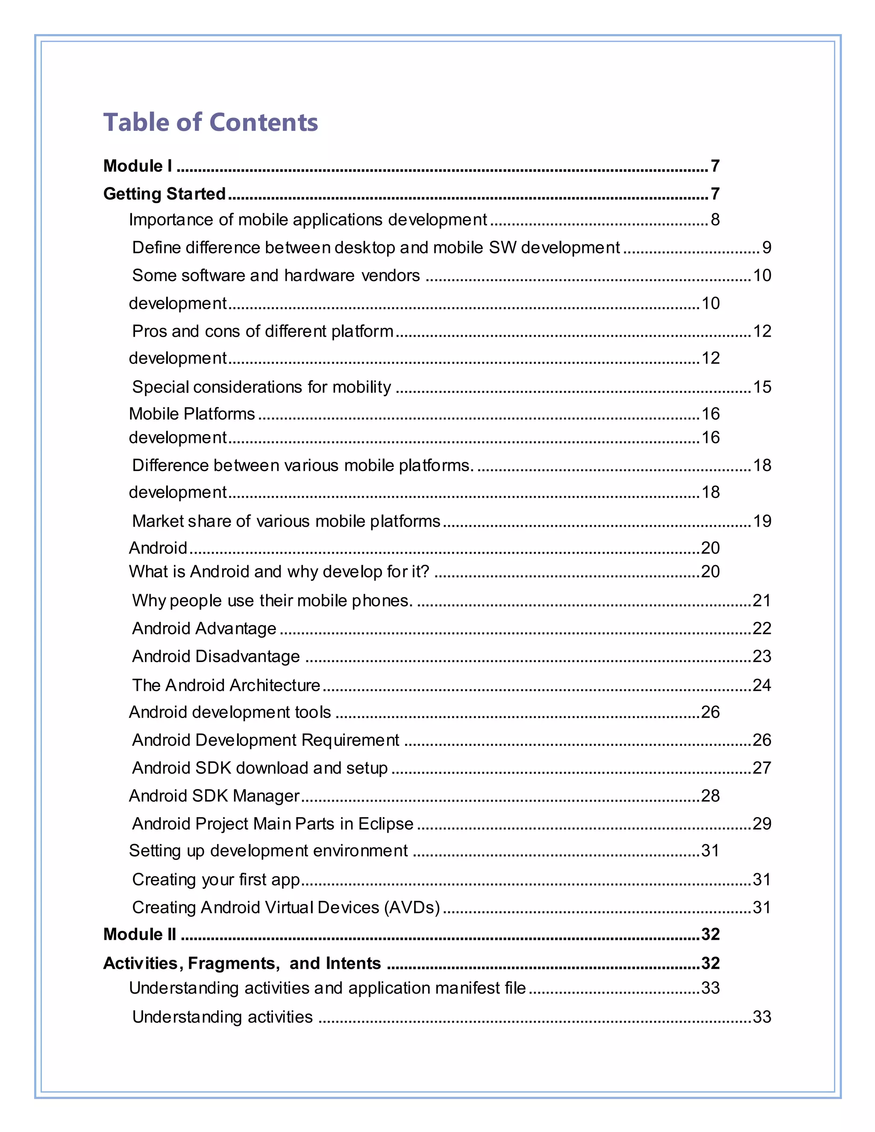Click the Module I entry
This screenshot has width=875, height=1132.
point(138,166)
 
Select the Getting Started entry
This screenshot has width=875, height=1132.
point(164,194)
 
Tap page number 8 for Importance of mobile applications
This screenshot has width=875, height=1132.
point(715,220)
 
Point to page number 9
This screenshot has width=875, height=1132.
point(766,248)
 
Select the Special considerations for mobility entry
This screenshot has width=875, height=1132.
point(261,387)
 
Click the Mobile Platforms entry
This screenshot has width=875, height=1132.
point(192,414)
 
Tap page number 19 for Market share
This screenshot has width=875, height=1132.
point(761,521)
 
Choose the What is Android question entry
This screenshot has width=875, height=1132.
point(279,572)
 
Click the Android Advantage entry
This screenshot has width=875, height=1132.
point(204,629)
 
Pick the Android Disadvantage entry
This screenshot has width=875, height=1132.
point(216,657)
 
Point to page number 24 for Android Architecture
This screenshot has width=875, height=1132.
point(761,685)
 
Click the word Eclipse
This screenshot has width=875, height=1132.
point(386,824)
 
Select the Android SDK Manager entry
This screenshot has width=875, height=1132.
point(214,796)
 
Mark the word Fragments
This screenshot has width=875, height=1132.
point(231,963)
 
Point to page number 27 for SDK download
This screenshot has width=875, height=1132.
point(761,768)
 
